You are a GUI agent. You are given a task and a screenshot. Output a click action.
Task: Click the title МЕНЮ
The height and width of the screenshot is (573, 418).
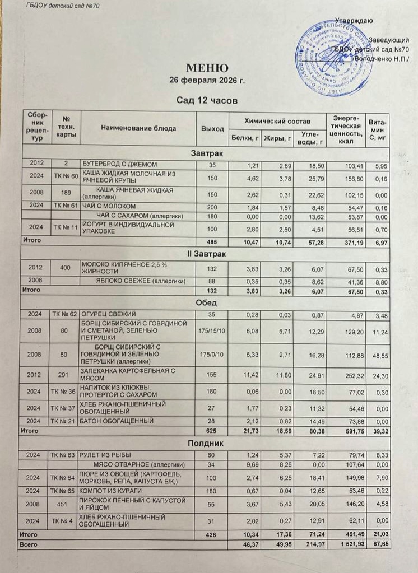click(207, 68)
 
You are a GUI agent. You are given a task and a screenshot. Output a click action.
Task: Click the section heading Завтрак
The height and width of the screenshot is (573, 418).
click(207, 153)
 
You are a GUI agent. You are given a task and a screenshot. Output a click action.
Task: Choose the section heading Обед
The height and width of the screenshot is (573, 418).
click(207, 302)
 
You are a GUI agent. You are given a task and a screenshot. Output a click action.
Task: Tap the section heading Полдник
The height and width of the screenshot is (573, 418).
click(207, 442)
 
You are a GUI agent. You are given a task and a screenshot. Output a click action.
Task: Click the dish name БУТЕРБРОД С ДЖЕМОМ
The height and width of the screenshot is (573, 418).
click(119, 164)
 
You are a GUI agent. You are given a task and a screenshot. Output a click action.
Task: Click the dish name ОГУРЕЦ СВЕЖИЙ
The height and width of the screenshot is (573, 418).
click(109, 314)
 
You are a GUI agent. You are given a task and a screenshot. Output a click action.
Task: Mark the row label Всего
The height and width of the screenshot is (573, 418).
click(29, 543)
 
